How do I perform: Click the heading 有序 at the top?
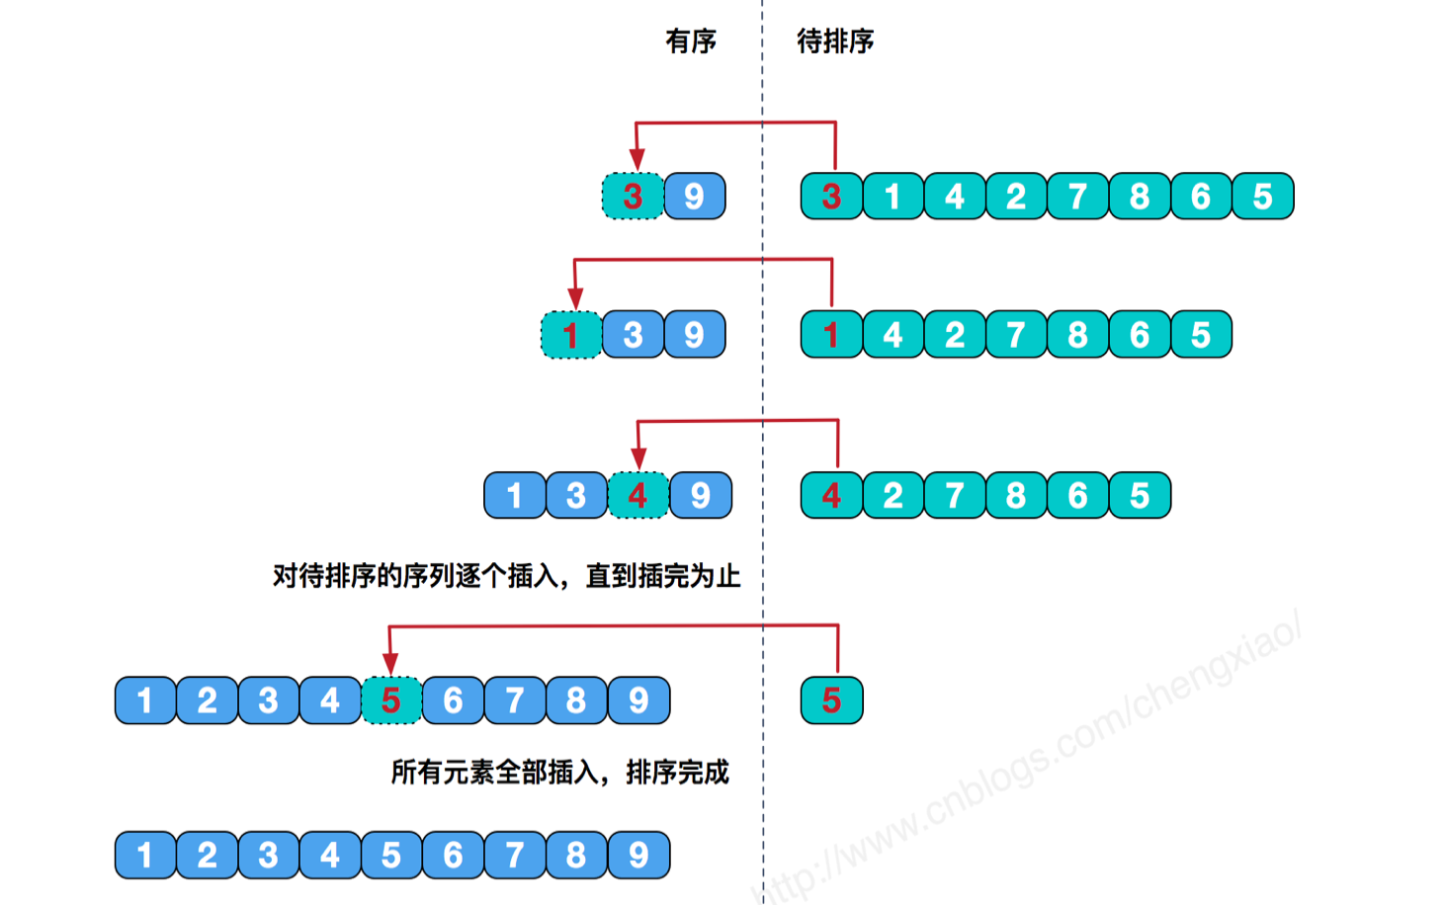pyautogui.click(x=691, y=41)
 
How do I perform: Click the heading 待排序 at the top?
pyautogui.click(x=835, y=41)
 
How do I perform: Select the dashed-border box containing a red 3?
pyautogui.click(x=633, y=196)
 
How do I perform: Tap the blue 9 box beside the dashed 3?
pyautogui.click(x=695, y=196)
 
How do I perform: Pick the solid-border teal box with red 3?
pyautogui.click(x=831, y=196)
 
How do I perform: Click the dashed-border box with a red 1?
pyautogui.click(x=571, y=334)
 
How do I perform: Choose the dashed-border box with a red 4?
pyautogui.click(x=637, y=495)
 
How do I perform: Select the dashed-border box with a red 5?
pyautogui.click(x=391, y=700)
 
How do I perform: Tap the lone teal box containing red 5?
pyautogui.click(x=831, y=700)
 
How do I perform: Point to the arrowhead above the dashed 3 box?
pyautogui.click(x=637, y=159)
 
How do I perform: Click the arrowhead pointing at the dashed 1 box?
pyautogui.click(x=575, y=298)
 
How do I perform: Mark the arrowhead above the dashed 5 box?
pyautogui.click(x=390, y=663)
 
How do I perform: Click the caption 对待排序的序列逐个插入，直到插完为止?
pyautogui.click(x=507, y=576)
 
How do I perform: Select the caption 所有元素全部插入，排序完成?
pyautogui.click(x=560, y=773)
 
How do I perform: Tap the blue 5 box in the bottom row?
pyautogui.click(x=391, y=856)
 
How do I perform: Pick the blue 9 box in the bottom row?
pyautogui.click(x=638, y=856)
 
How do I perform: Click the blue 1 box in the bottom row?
pyautogui.click(x=145, y=856)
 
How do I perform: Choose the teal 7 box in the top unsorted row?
pyautogui.click(x=1078, y=196)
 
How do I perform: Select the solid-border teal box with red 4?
pyautogui.click(x=831, y=495)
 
